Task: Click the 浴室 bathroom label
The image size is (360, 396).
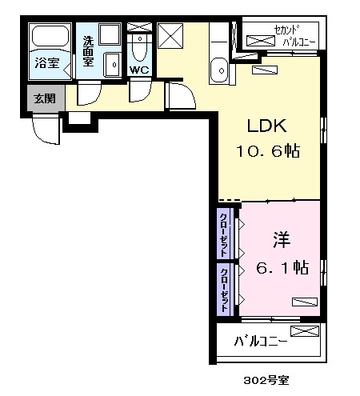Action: point(48,61)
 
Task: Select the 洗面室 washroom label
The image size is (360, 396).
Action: point(86,47)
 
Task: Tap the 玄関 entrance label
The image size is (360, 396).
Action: point(45,99)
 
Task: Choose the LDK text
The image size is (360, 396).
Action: point(266,126)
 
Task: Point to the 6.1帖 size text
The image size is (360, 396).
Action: point(282,268)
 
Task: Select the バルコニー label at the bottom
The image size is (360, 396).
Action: point(262,342)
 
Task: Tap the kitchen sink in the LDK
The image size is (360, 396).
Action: point(217,71)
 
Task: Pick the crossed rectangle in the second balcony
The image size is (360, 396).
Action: point(260,39)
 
